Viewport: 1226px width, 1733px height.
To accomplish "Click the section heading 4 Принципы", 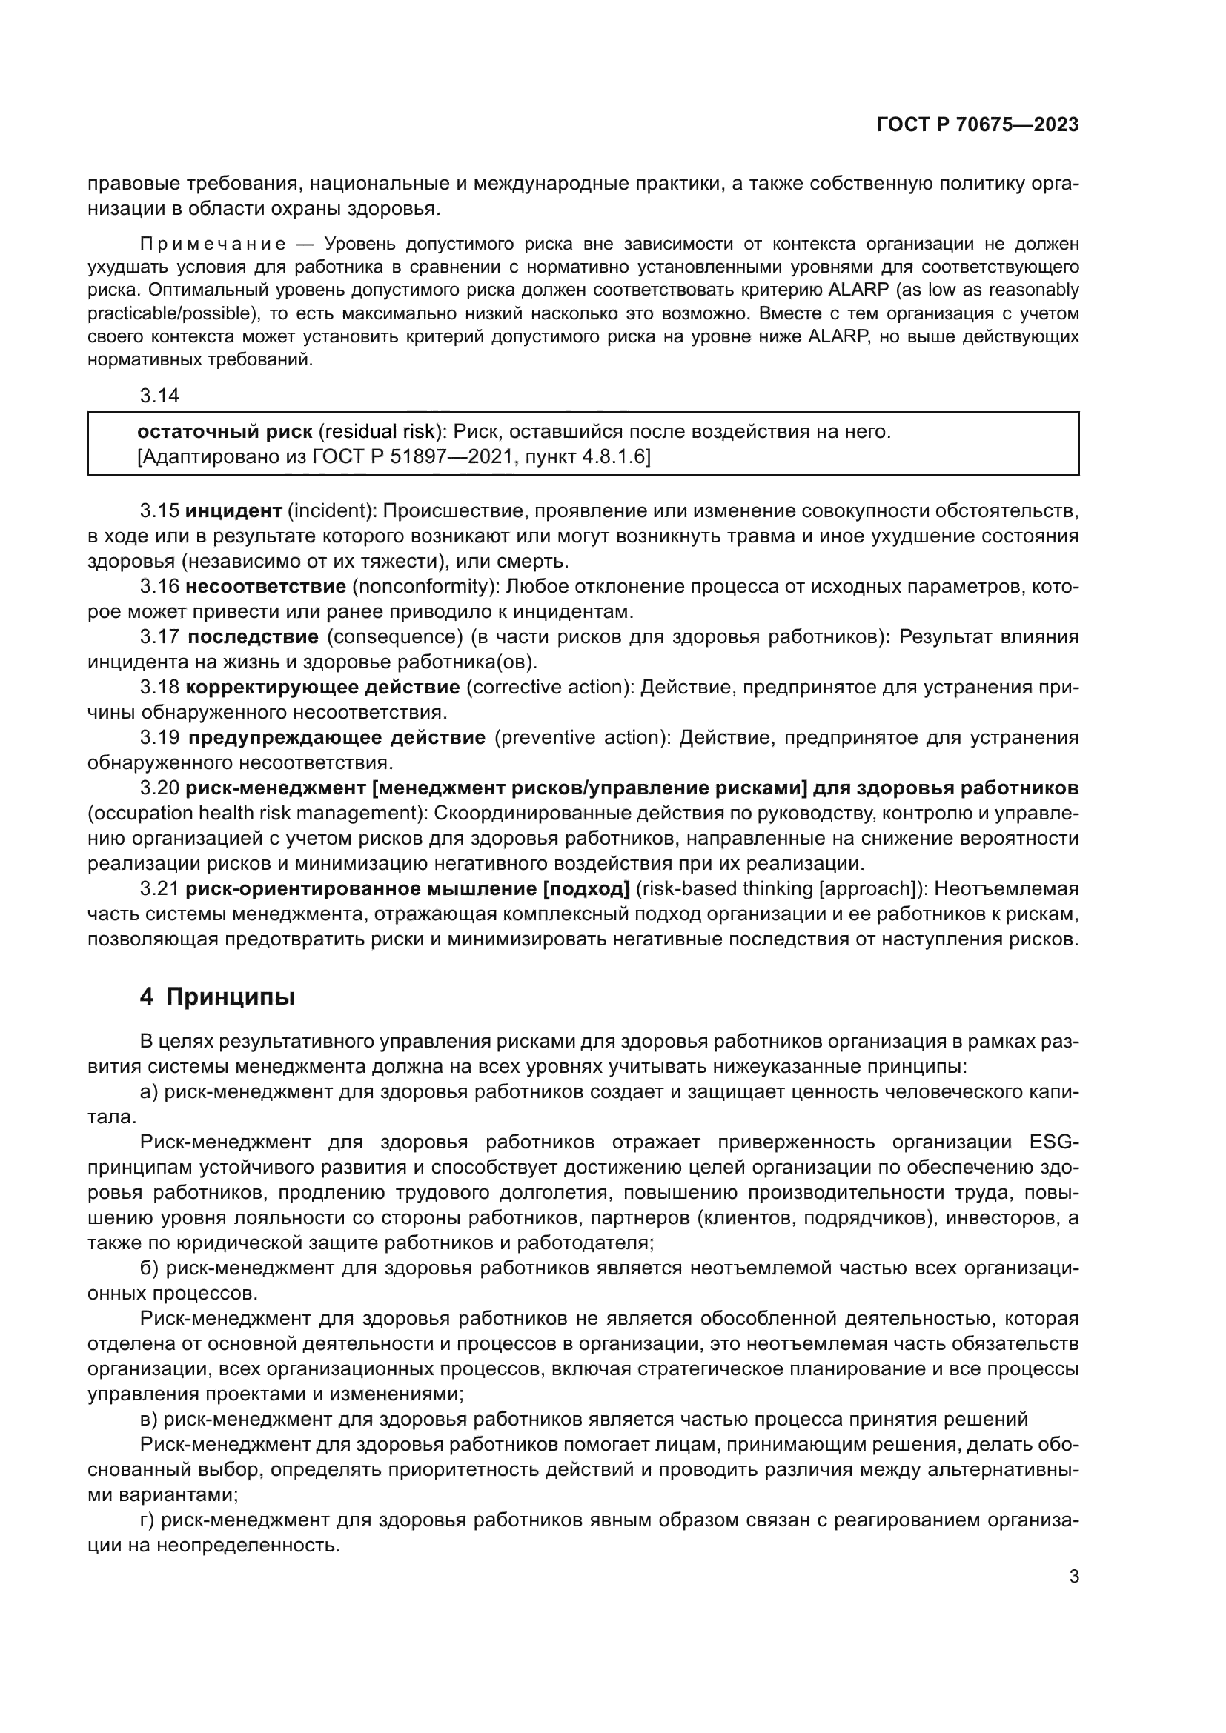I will click(217, 997).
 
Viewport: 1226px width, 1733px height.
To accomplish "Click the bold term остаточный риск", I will click(224, 432).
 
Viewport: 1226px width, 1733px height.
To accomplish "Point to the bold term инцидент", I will click(233, 511).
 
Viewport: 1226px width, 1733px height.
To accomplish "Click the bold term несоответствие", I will click(266, 587).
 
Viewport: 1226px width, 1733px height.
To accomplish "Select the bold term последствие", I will click(253, 637).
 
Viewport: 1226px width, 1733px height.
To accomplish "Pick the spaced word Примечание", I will click(213, 245).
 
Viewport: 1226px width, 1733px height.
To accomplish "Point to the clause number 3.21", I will click(159, 888).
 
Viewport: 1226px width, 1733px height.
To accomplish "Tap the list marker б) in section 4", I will click(150, 1268).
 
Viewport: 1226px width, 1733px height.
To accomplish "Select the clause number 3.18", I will click(159, 688).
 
